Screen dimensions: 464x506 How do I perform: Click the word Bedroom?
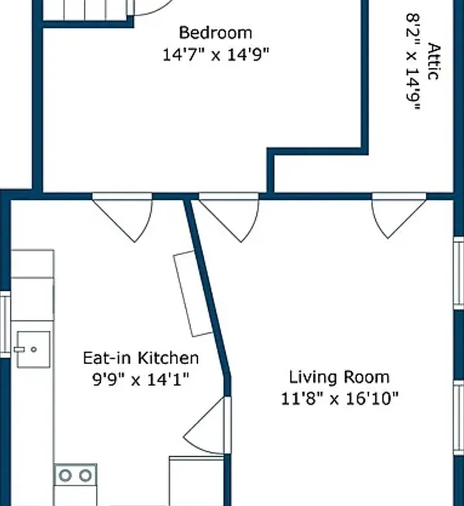215,33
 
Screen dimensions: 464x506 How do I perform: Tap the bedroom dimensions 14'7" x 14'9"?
215,55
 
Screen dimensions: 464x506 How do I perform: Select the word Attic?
434,61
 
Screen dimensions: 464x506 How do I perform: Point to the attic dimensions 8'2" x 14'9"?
413,62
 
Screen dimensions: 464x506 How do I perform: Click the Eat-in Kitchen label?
141,358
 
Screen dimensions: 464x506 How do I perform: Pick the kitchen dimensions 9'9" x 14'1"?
141,379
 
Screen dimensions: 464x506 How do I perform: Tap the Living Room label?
339,377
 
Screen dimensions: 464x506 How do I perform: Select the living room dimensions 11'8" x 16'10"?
340,398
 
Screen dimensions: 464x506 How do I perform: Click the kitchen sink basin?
34,349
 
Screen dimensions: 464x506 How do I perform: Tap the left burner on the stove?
65,475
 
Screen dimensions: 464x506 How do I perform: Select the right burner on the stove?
86,475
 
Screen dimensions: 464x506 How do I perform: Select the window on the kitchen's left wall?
5,324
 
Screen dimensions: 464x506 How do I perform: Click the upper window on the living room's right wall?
459,273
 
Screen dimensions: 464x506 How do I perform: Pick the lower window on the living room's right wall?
459,417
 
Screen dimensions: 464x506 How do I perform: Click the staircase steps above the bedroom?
85,10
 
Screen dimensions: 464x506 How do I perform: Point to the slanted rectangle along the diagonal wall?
193,294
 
